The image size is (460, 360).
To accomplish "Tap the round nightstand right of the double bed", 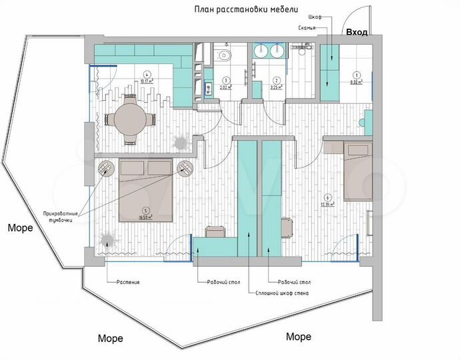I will [185, 168].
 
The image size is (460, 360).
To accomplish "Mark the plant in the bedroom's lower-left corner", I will [106, 240].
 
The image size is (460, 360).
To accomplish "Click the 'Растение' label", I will [127, 282].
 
